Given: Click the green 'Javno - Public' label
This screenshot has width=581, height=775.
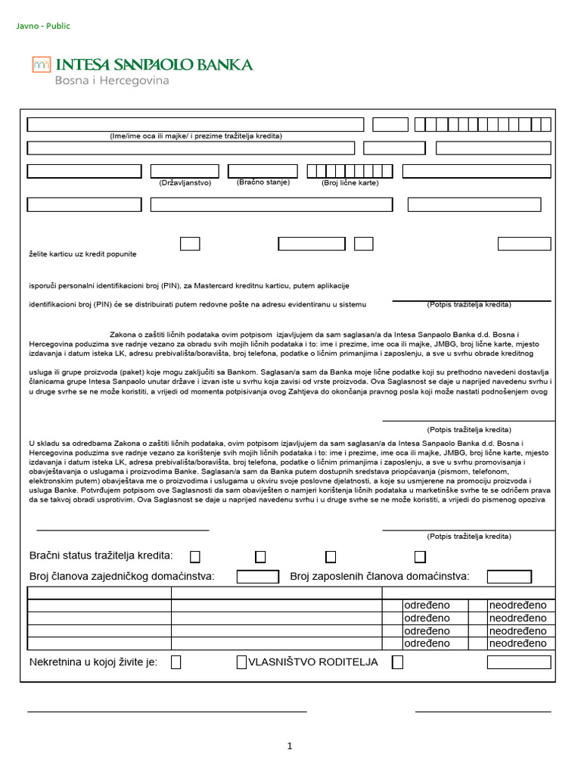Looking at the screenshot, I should (43, 26).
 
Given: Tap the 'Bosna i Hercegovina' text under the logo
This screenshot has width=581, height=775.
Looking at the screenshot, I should (111, 80).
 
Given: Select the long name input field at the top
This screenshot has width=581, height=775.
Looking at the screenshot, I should (195, 125).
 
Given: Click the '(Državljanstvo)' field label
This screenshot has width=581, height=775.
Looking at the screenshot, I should (185, 183).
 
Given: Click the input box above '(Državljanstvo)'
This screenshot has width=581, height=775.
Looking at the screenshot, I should (185, 171).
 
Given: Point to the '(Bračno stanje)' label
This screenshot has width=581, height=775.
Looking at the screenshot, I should (263, 182).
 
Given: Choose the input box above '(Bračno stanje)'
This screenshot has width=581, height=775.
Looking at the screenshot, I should (263, 171).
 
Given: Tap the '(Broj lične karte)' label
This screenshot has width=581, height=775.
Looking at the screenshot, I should (350, 183).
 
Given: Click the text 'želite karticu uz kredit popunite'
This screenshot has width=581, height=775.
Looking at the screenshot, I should (82, 254).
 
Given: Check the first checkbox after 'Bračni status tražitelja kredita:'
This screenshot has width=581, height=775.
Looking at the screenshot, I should (195, 557).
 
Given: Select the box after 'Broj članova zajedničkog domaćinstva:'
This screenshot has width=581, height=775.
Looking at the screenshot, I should (257, 577).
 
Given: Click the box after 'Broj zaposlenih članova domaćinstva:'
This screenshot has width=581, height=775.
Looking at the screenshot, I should (508, 577).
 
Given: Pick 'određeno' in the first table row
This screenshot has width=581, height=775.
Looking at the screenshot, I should (427, 605).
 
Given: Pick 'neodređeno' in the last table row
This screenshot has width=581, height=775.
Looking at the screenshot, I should (517, 643).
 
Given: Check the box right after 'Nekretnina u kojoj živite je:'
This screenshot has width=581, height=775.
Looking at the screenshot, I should (176, 662).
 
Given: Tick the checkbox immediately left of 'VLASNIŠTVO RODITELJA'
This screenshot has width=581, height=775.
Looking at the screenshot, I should (241, 662).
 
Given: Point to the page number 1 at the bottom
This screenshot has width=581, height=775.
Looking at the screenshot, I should (290, 746).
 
